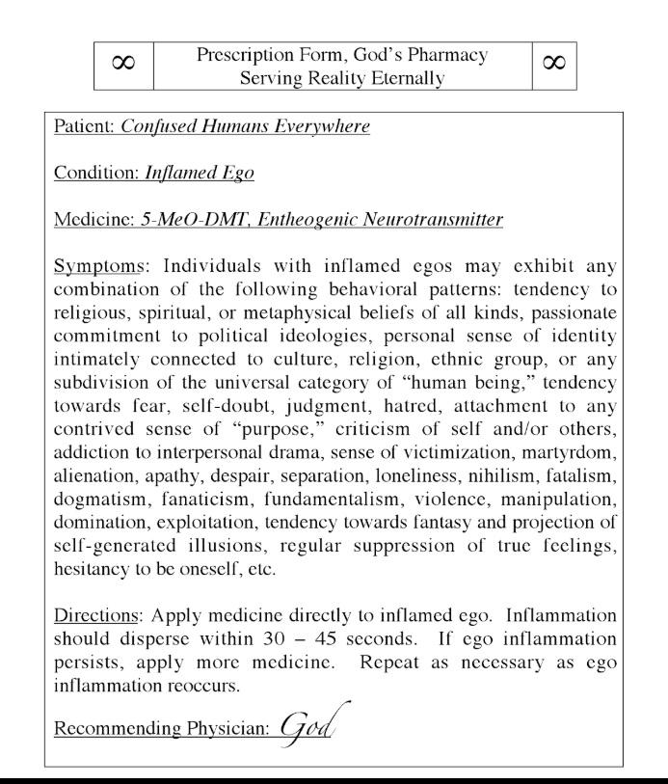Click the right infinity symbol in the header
pos(554,66)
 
